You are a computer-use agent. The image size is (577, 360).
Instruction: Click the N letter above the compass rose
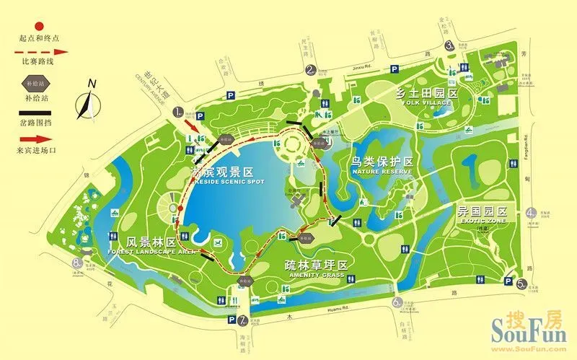(92, 83)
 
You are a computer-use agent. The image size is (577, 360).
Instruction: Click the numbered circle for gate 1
(178, 113)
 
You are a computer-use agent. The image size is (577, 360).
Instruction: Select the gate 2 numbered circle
(311, 70)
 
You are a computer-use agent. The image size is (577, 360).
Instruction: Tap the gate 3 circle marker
(449, 45)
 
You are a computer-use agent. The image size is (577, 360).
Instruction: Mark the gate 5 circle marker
(521, 284)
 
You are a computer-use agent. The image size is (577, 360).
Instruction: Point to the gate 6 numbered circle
(396, 303)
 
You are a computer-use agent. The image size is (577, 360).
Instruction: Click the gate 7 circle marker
(243, 320)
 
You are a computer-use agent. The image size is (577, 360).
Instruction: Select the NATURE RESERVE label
(382, 172)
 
